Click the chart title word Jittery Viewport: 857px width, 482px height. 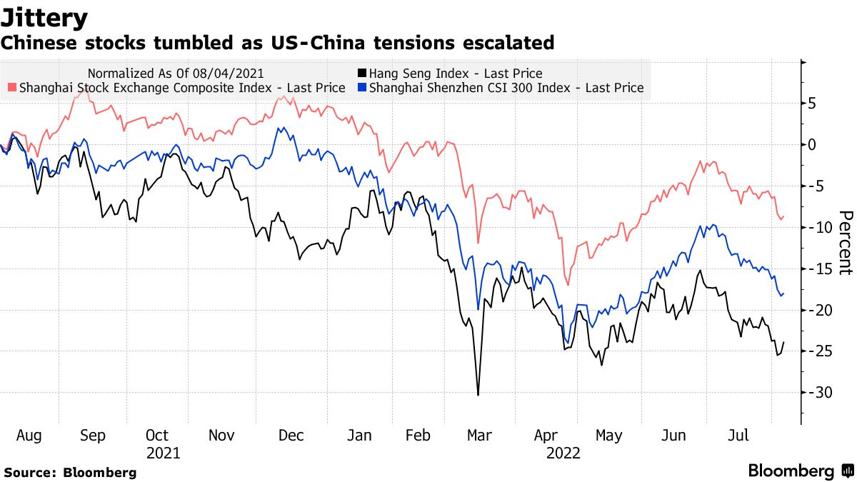44,17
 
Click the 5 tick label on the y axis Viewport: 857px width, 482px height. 812,104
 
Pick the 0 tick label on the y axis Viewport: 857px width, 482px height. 812,145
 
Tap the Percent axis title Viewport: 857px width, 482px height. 845,243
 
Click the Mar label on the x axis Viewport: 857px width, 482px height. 478,436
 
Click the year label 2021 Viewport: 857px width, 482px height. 164,453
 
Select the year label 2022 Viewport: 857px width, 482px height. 564,453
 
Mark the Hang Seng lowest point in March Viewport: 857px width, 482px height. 478,394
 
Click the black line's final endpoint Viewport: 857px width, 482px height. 784,342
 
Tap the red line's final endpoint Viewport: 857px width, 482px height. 784,216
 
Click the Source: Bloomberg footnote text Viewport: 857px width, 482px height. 70,473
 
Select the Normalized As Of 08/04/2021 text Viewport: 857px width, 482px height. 176,74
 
